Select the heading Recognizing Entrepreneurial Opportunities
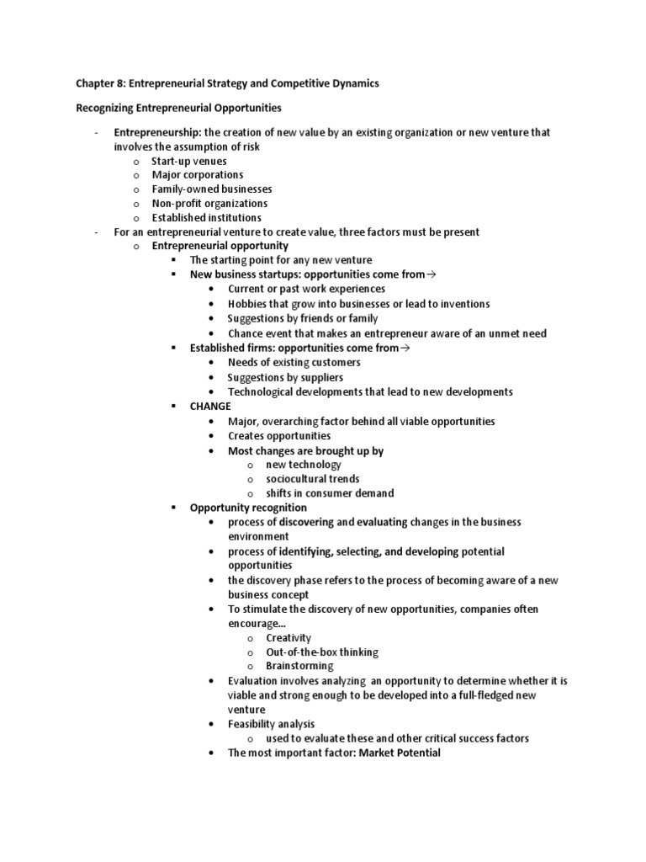(x=178, y=109)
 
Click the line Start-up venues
(x=189, y=161)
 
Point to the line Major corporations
(x=198, y=175)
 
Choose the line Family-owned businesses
(x=212, y=189)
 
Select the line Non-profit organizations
(x=209, y=204)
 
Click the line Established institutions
(x=206, y=218)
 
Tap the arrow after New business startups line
(x=433, y=275)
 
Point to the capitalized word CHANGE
(x=210, y=406)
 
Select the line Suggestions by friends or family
(x=303, y=319)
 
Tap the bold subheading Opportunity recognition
(x=248, y=508)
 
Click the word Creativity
(x=289, y=638)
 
